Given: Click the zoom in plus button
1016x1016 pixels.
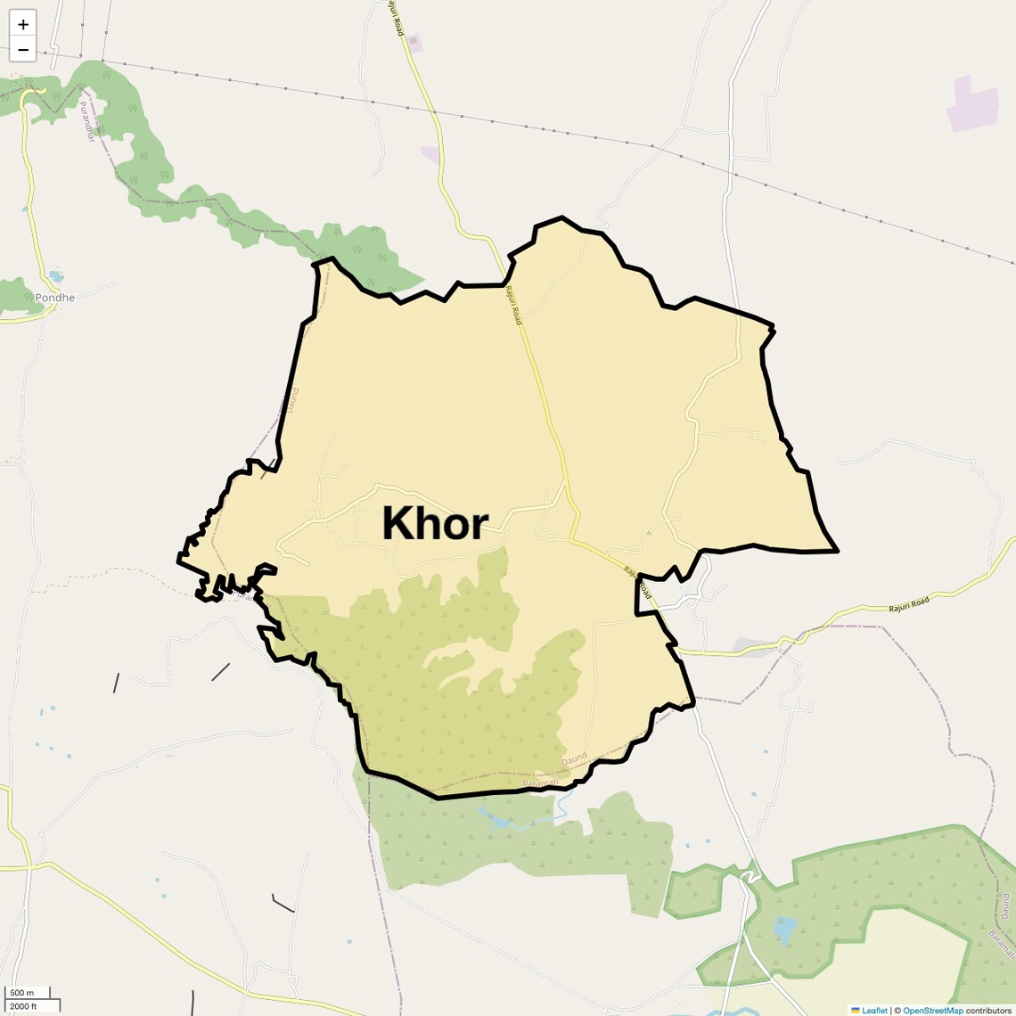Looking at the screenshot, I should pyautogui.click(x=23, y=24).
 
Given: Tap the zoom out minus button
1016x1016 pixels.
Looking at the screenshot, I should pyautogui.click(x=23, y=50).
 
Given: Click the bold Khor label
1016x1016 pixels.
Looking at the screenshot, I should pyautogui.click(x=435, y=524).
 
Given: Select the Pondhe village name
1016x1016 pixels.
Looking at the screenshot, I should pyautogui.click(x=54, y=298).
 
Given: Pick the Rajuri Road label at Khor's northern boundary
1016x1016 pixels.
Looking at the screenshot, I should pyautogui.click(x=513, y=305).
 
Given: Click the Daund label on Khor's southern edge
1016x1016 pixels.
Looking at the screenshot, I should pyautogui.click(x=575, y=759).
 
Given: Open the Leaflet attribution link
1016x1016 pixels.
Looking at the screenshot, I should pyautogui.click(x=873, y=1010).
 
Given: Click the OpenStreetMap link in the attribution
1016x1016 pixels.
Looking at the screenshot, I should pyautogui.click(x=932, y=1010).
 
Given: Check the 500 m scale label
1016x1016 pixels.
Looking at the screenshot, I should pyautogui.click(x=21, y=993).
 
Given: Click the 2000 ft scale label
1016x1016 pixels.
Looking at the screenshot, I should pyautogui.click(x=23, y=1006).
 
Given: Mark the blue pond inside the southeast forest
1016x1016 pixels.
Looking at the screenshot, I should pyautogui.click(x=784, y=929).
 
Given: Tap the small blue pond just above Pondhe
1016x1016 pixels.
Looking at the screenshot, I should pyautogui.click(x=56, y=275).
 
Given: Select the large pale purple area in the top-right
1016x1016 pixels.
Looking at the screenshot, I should pyautogui.click(x=972, y=103).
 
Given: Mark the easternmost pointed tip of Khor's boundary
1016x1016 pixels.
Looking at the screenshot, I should pyautogui.click(x=837, y=551).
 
